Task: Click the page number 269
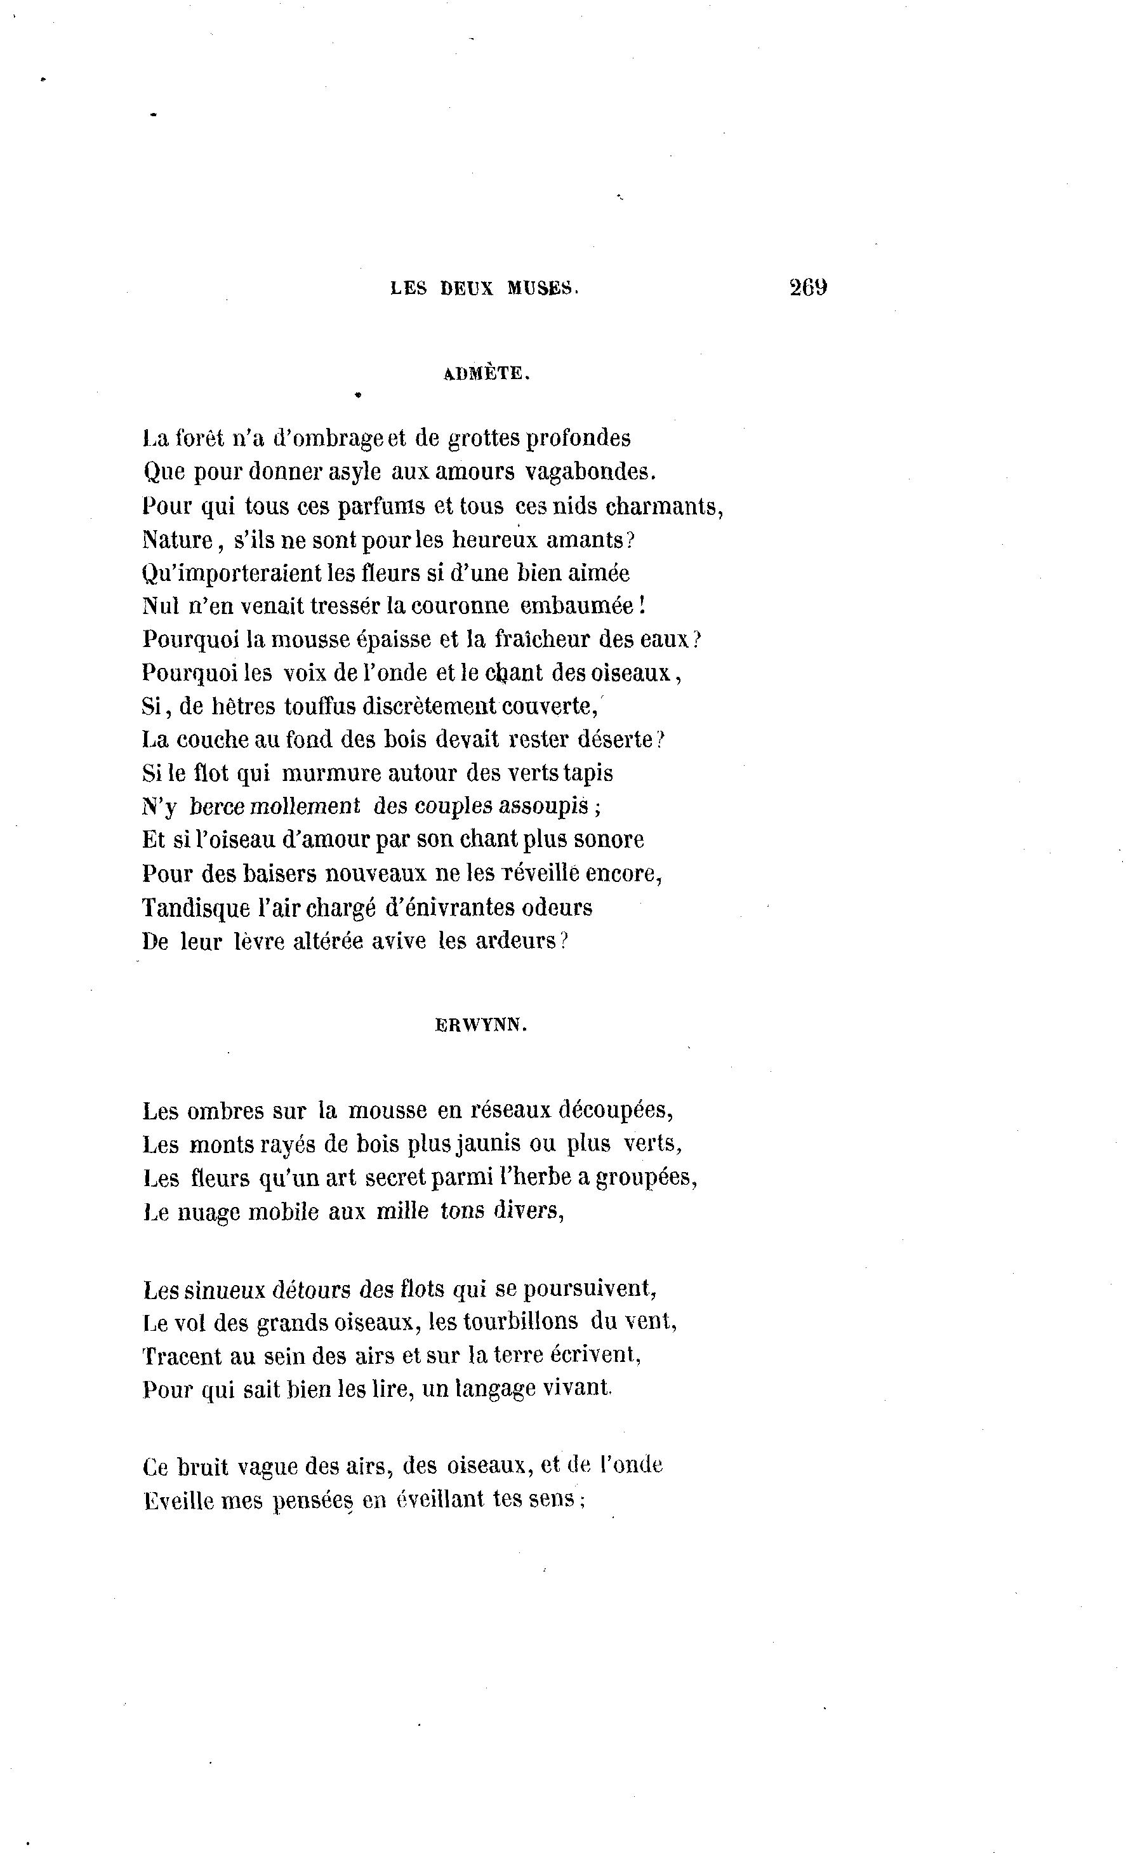pos(807,287)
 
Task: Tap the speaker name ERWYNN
pos(481,1025)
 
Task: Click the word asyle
pos(354,472)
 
